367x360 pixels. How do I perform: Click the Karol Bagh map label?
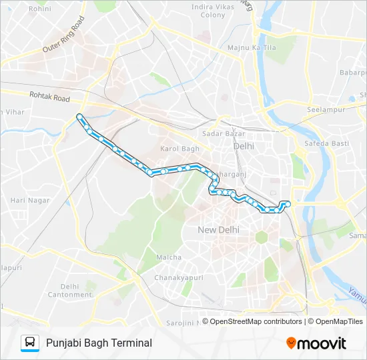[x=180, y=149]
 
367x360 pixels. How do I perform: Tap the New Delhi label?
[x=218, y=230]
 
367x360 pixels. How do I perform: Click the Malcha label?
[x=168, y=257]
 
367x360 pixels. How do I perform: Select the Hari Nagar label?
[x=26, y=200]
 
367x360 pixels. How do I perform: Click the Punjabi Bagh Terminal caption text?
[x=99, y=343]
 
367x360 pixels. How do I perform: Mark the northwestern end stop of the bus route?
[x=80, y=117]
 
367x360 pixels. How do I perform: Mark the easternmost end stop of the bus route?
[x=288, y=203]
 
